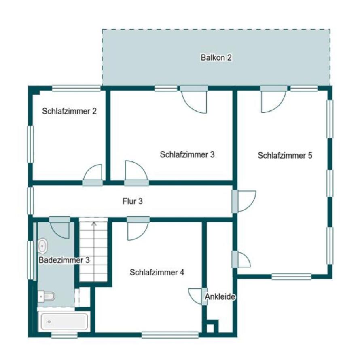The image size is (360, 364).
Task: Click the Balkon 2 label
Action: (216, 57)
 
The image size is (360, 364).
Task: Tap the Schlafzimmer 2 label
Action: (69, 111)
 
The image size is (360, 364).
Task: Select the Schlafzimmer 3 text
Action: (187, 154)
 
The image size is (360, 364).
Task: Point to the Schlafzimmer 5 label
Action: (285, 155)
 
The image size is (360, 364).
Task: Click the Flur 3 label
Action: (132, 201)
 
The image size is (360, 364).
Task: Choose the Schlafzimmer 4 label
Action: (157, 272)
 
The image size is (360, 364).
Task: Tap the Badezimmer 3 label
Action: (64, 260)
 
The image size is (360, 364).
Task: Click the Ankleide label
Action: (220, 296)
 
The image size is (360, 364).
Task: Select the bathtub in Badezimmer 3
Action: (64, 322)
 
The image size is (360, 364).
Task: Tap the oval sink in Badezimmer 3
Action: (42, 245)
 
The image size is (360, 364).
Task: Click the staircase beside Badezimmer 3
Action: (94, 251)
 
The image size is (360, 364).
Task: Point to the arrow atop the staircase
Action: (94, 223)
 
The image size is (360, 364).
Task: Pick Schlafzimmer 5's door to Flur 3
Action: (245, 201)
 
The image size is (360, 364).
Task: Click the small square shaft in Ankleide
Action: (210, 327)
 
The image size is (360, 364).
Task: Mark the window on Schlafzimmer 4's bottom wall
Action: (170, 335)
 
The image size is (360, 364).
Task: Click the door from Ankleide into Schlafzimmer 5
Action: (243, 260)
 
